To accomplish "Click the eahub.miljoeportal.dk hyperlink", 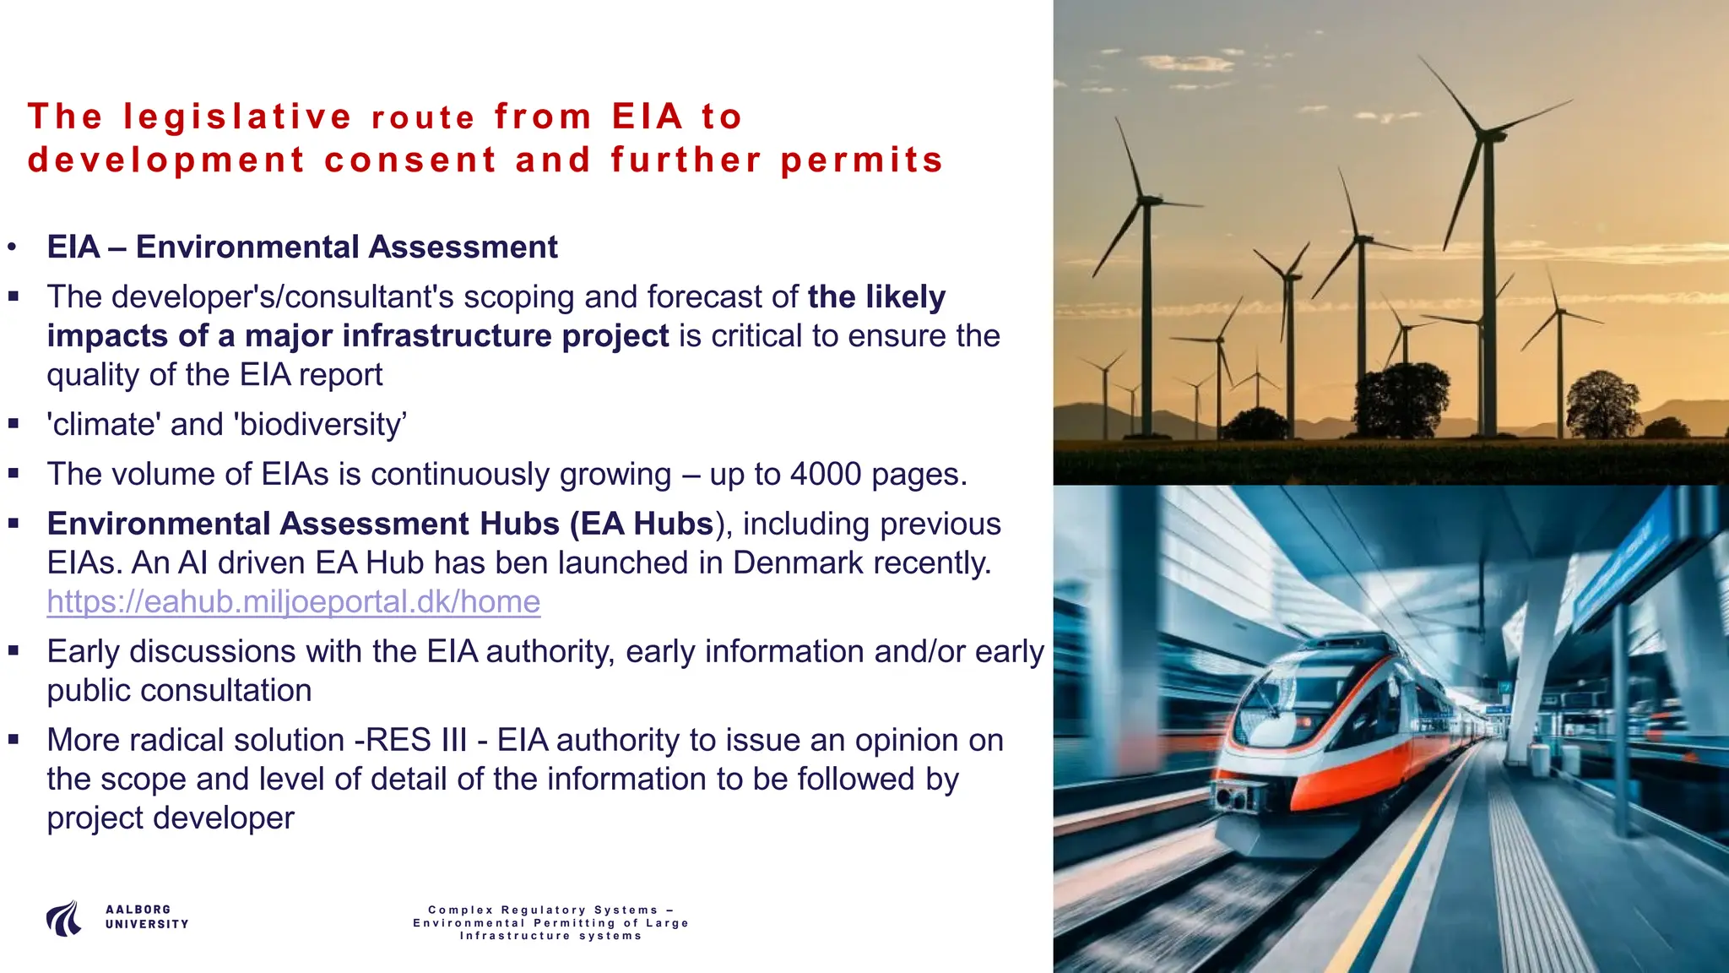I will click(293, 602).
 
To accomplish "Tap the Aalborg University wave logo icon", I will click(64, 918).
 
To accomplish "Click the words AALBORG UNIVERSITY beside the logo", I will click(147, 917).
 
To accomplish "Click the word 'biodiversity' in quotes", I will click(321, 425).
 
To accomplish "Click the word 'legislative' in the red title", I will click(237, 117).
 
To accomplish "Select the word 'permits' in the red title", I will click(861, 160).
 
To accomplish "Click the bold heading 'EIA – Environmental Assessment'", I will click(302, 247).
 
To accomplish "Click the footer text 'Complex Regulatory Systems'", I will click(544, 910).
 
